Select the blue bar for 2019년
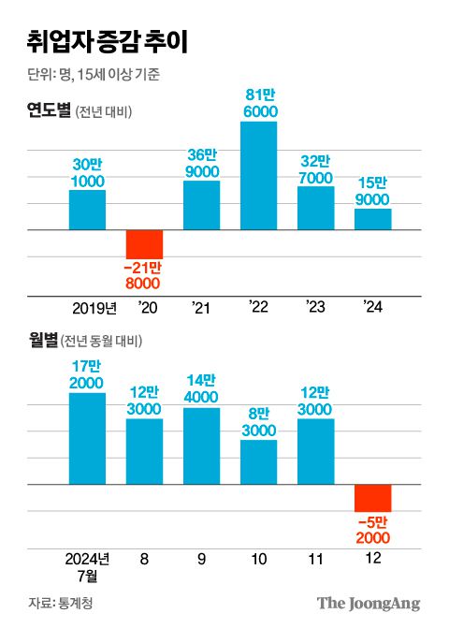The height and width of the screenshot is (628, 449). tap(87, 210)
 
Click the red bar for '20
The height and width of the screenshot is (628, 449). tap(144, 244)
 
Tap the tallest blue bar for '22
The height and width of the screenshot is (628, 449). tap(259, 176)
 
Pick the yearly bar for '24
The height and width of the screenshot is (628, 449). tap(373, 219)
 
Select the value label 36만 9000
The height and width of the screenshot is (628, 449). tap(201, 163)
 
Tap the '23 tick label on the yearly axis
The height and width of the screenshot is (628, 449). tap(316, 308)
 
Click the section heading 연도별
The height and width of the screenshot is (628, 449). tap(49, 112)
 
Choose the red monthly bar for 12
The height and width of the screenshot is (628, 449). tap(373, 498)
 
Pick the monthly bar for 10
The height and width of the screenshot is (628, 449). tap(259, 461)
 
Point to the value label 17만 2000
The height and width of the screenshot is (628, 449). tap(87, 375)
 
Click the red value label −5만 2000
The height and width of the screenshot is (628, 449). tap(373, 530)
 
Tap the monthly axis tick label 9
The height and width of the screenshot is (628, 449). tap(201, 560)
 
